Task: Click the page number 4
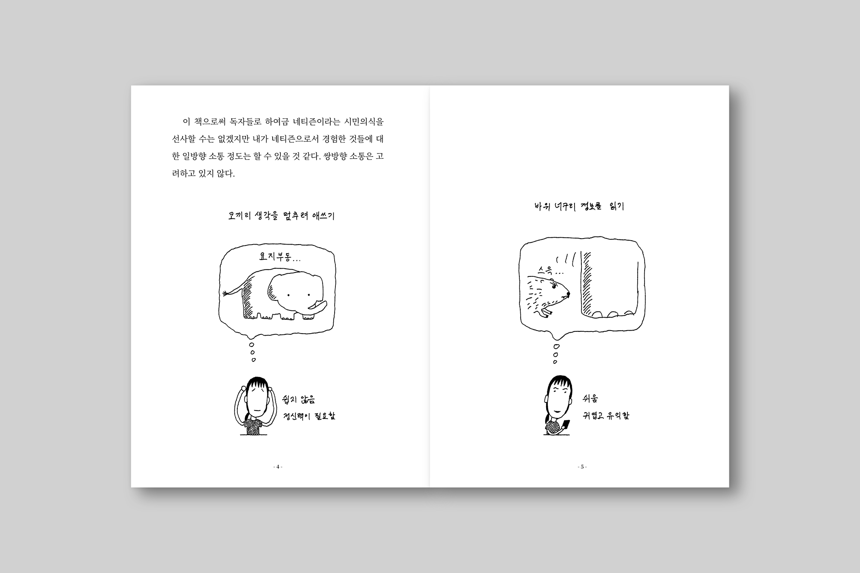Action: pyautogui.click(x=278, y=467)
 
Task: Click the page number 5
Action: pyautogui.click(x=582, y=467)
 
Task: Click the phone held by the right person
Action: pyautogui.click(x=565, y=425)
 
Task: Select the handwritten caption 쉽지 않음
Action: pyautogui.click(x=298, y=399)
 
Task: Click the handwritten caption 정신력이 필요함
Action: pyautogui.click(x=309, y=416)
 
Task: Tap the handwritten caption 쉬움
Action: pyautogui.click(x=590, y=399)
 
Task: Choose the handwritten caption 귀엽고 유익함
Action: pyautogui.click(x=606, y=416)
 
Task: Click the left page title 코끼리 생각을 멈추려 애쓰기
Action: pyautogui.click(x=281, y=215)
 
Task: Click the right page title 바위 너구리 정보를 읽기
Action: pyautogui.click(x=579, y=206)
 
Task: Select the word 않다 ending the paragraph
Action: pyautogui.click(x=226, y=174)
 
